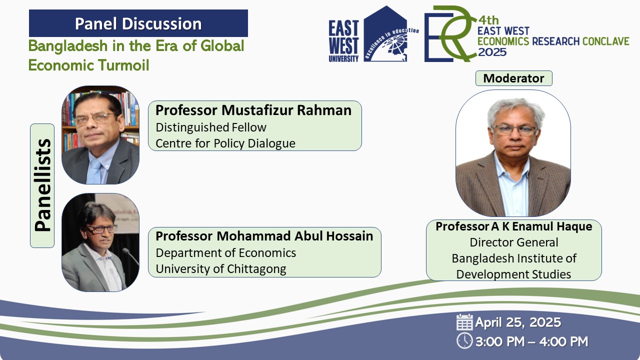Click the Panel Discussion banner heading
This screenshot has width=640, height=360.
pyautogui.click(x=138, y=23)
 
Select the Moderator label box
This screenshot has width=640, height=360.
pyautogui.click(x=513, y=78)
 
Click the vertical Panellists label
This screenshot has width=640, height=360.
pyautogui.click(x=42, y=185)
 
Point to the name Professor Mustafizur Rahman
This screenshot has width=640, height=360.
pyautogui.click(x=253, y=110)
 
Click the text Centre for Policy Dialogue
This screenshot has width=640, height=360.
pyautogui.click(x=225, y=143)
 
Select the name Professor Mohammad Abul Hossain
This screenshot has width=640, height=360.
pyautogui.click(x=264, y=236)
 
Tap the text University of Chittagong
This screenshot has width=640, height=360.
pyautogui.click(x=221, y=269)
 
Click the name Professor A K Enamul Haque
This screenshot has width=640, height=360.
pyautogui.click(x=513, y=226)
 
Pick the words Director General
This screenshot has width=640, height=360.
pyautogui.click(x=513, y=242)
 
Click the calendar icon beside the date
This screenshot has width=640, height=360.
pyautogui.click(x=464, y=322)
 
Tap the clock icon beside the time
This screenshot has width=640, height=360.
pyautogui.click(x=464, y=341)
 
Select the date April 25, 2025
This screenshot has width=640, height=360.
pyautogui.click(x=518, y=322)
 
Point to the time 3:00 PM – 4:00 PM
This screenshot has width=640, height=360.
pyautogui.click(x=531, y=341)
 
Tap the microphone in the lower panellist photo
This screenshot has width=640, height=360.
pyautogui.click(x=130, y=256)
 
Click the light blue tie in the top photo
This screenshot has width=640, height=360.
pyautogui.click(x=94, y=171)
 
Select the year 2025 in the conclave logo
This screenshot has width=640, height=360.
pyautogui.click(x=492, y=52)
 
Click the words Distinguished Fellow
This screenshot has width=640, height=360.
pyautogui.click(x=211, y=127)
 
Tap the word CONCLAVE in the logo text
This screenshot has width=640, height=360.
pyautogui.click(x=605, y=41)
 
